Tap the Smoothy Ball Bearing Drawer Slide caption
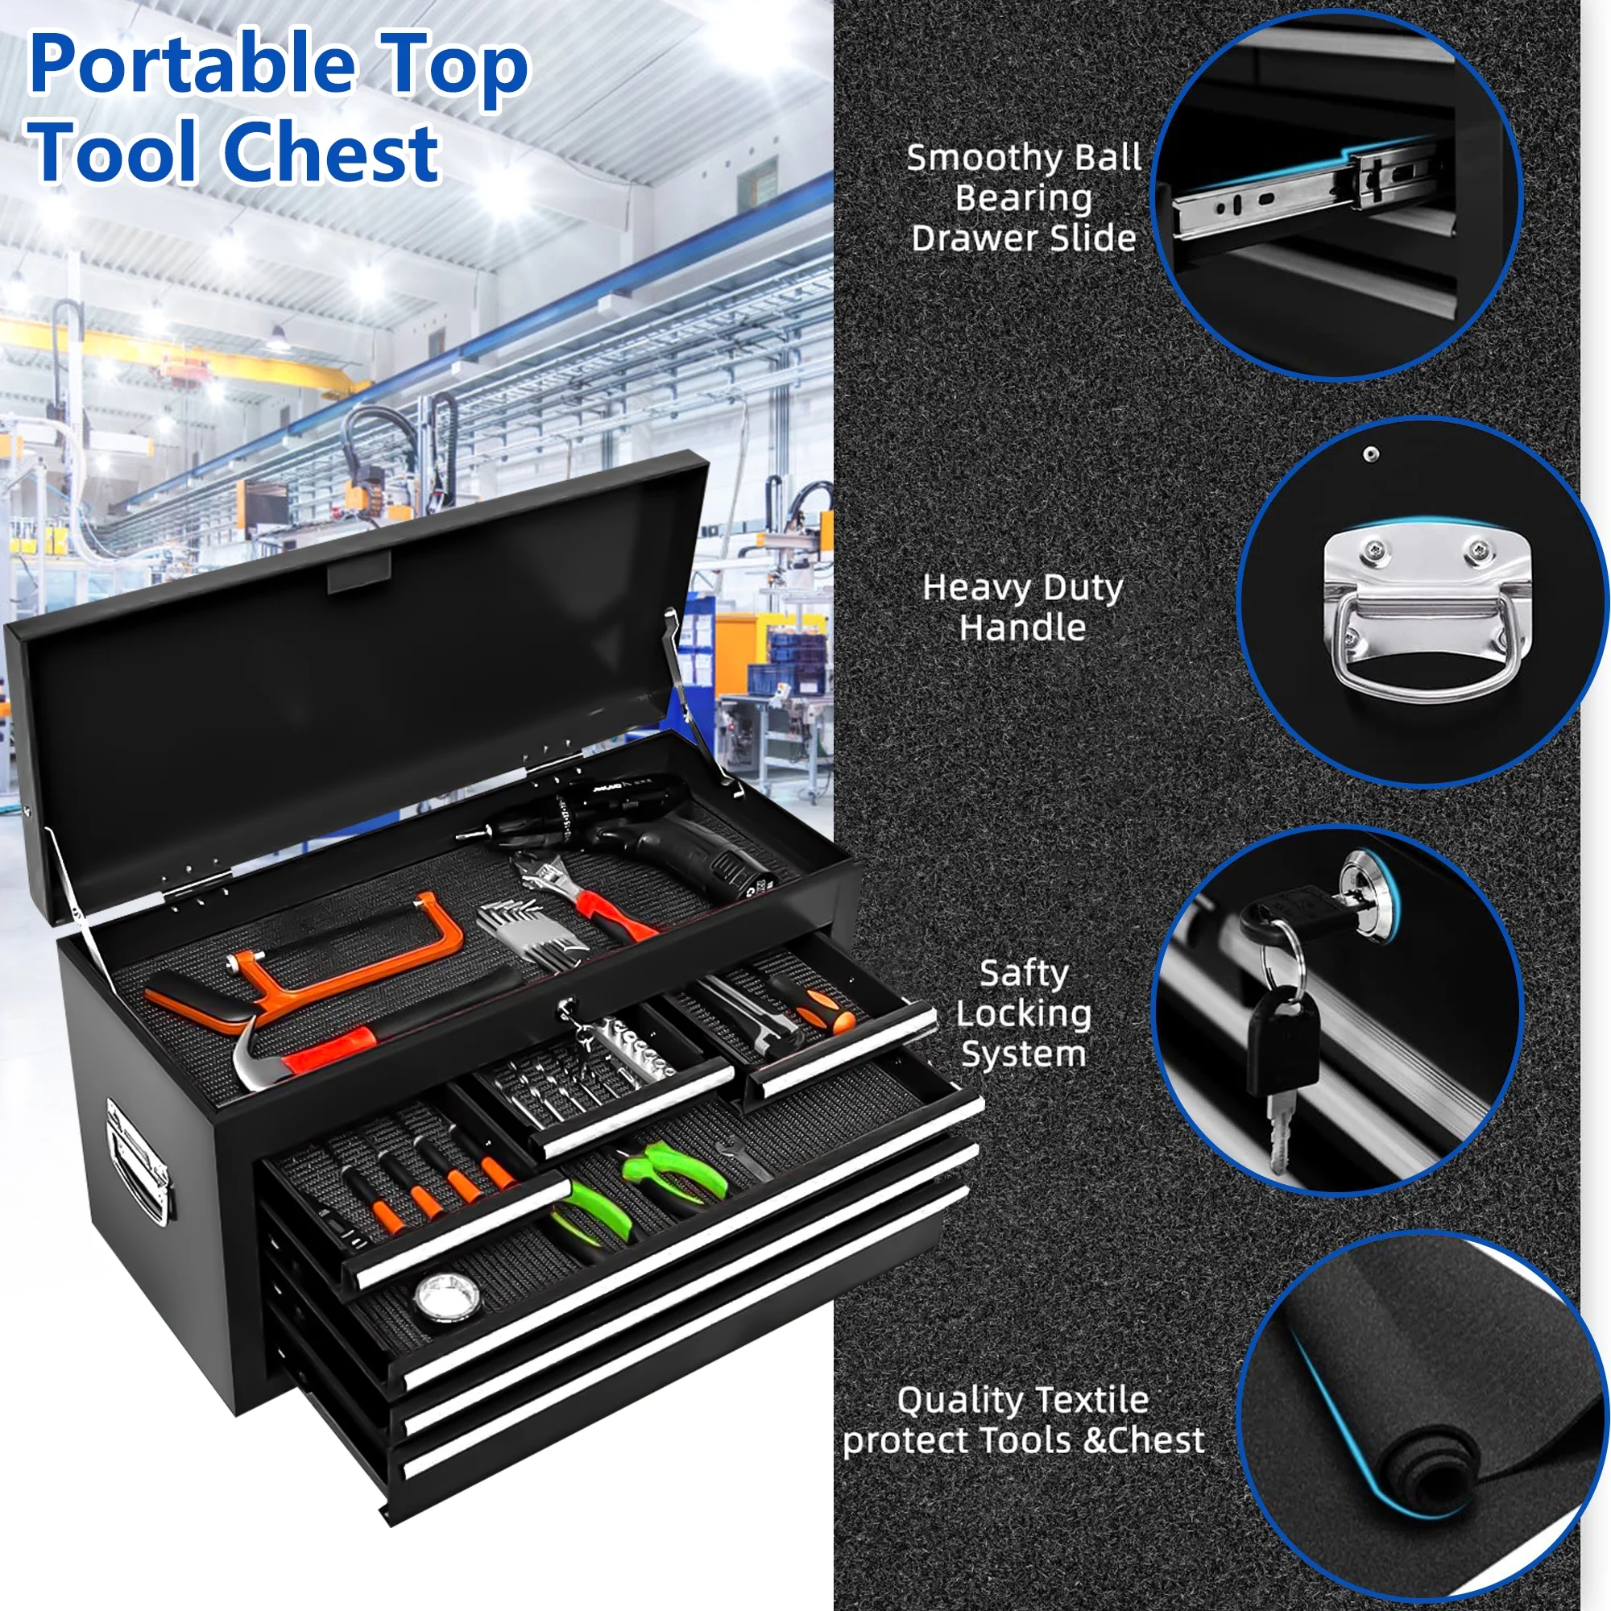(1024, 197)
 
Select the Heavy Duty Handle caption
(1023, 607)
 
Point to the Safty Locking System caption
(1023, 1013)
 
